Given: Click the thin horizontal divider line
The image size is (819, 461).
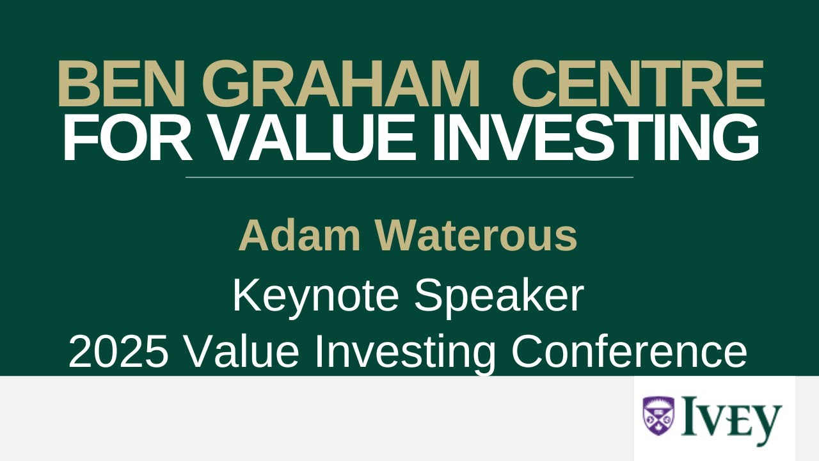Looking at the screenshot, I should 409,177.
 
